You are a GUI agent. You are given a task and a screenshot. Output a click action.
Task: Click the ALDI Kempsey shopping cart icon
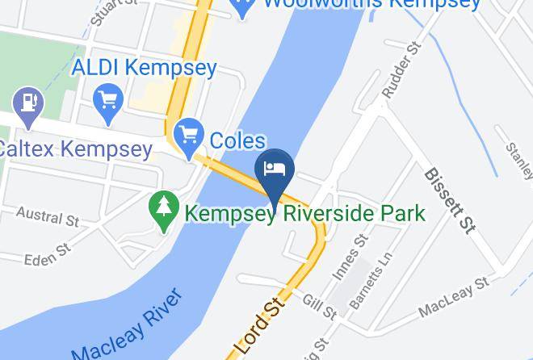107,101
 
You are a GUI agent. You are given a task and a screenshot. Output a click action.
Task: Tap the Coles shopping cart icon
188,136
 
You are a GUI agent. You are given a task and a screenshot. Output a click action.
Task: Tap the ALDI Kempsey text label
145,68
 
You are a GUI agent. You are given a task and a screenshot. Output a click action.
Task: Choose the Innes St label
349,257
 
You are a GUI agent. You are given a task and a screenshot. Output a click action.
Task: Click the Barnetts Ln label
370,281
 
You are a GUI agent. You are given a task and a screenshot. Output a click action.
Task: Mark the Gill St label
320,306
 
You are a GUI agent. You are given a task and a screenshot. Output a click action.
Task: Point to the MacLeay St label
453,296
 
